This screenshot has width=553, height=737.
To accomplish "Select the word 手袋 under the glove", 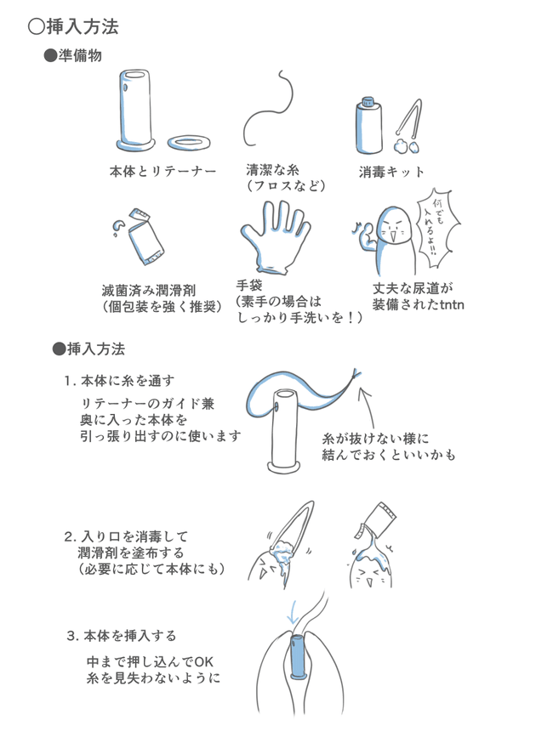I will [249, 286].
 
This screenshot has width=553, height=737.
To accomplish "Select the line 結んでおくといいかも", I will [389, 456].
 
